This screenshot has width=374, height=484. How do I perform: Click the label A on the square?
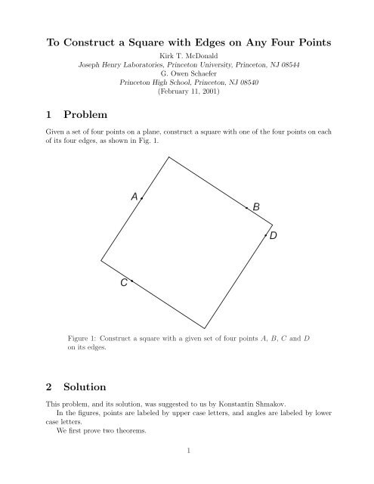[134, 197]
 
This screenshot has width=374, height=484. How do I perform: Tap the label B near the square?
[256, 206]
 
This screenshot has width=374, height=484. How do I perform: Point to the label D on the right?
[274, 237]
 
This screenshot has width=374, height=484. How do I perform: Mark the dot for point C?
[131, 281]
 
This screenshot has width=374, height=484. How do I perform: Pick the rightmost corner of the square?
[273, 223]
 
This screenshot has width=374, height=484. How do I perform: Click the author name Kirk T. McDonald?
[187, 56]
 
